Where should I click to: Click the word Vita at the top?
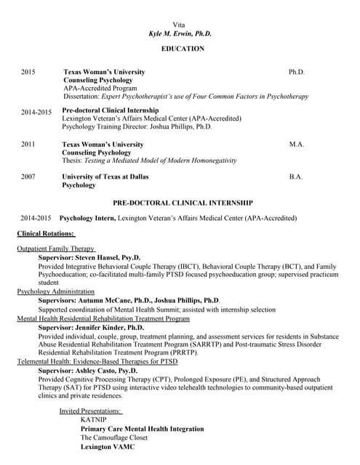point(180,25)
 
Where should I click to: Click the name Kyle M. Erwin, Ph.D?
point(180,34)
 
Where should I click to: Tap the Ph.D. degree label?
point(296,72)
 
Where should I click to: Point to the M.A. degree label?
point(296,145)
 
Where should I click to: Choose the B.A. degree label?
point(295,177)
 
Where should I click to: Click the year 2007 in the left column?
point(28,177)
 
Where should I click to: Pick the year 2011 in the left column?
point(28,145)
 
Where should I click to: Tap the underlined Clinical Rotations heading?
point(45,233)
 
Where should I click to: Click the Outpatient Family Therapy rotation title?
point(56,248)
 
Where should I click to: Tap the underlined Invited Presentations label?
point(90,411)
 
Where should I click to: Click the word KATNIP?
point(94,420)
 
